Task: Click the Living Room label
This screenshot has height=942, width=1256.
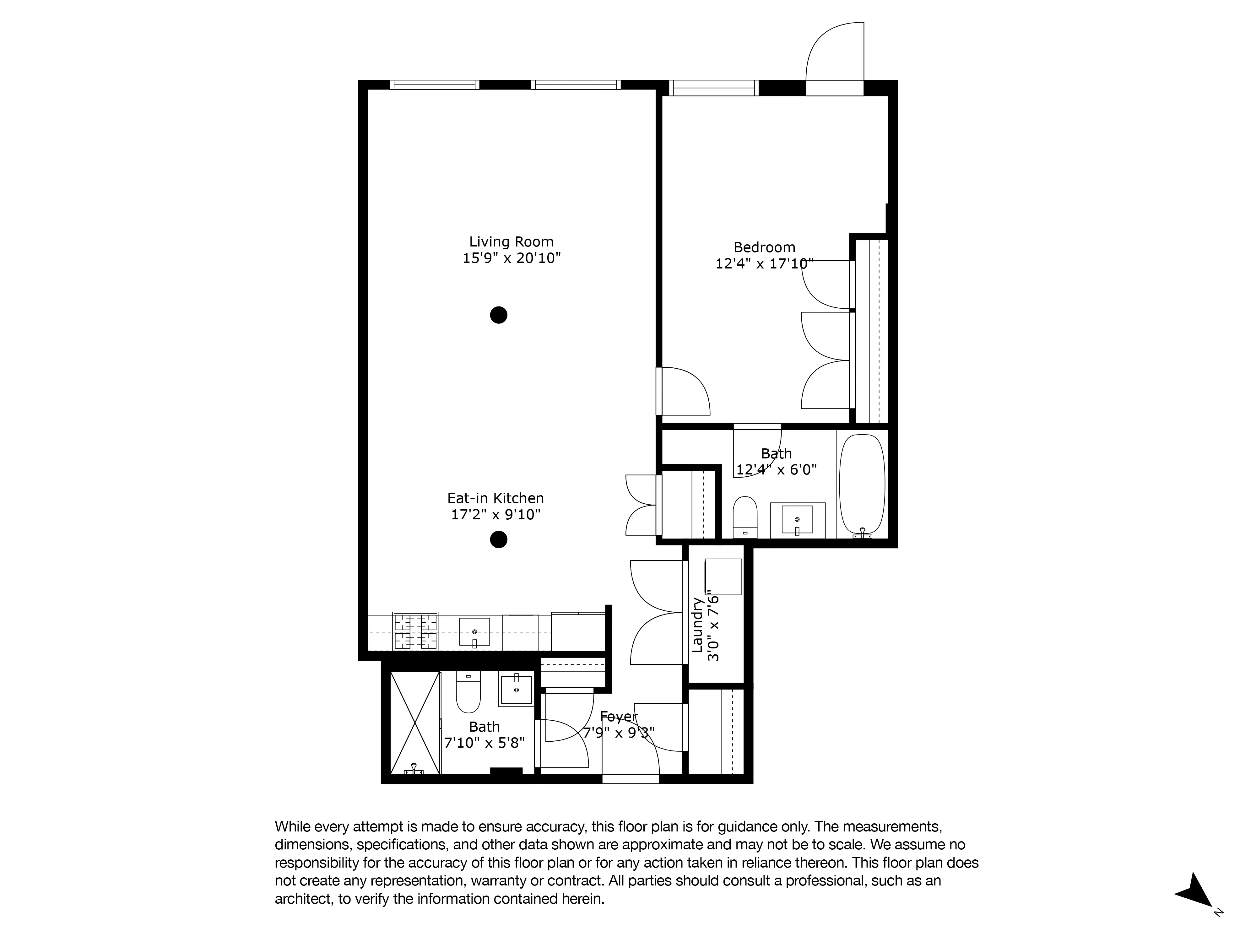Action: coord(511,242)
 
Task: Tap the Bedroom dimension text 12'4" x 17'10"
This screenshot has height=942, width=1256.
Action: coord(764,264)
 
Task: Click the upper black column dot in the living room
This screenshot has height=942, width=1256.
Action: coord(499,315)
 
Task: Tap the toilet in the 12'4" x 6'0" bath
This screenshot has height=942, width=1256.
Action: coord(745,516)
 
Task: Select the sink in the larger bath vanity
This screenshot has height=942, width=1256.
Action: coord(797,519)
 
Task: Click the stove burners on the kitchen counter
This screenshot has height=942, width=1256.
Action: coord(416,631)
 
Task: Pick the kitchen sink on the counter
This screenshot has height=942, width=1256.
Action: coord(474,631)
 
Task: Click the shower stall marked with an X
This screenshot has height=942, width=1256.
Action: coord(415,722)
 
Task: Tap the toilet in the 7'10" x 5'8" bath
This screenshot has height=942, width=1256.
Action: coord(468,692)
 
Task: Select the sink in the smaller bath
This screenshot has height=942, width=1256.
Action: coord(516,689)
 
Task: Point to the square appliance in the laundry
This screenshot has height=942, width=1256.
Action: coord(723,576)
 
